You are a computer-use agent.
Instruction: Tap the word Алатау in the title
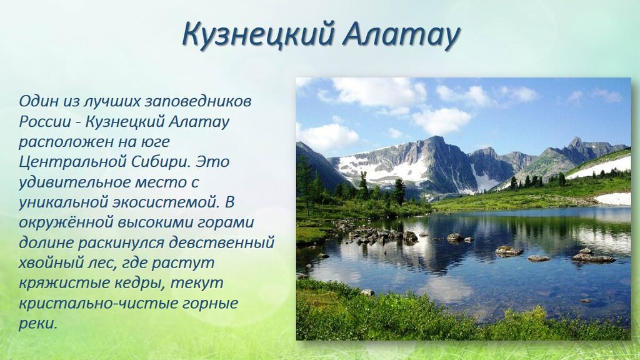[401, 34]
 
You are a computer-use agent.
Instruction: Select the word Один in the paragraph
[38, 101]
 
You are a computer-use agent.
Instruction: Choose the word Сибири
[161, 162]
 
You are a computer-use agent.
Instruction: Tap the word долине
[45, 243]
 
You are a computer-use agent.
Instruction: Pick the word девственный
[221, 243]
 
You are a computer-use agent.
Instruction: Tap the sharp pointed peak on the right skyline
[576, 139]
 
